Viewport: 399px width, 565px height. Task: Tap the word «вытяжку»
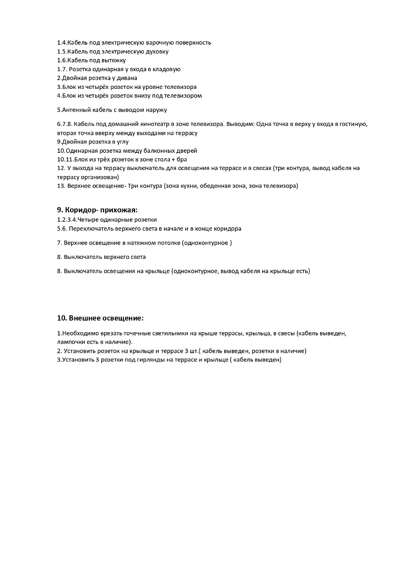pos(115,60)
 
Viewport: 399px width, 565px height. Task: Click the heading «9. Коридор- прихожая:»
pos(96,210)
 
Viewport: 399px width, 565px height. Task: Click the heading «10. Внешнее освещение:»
pos(100,318)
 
